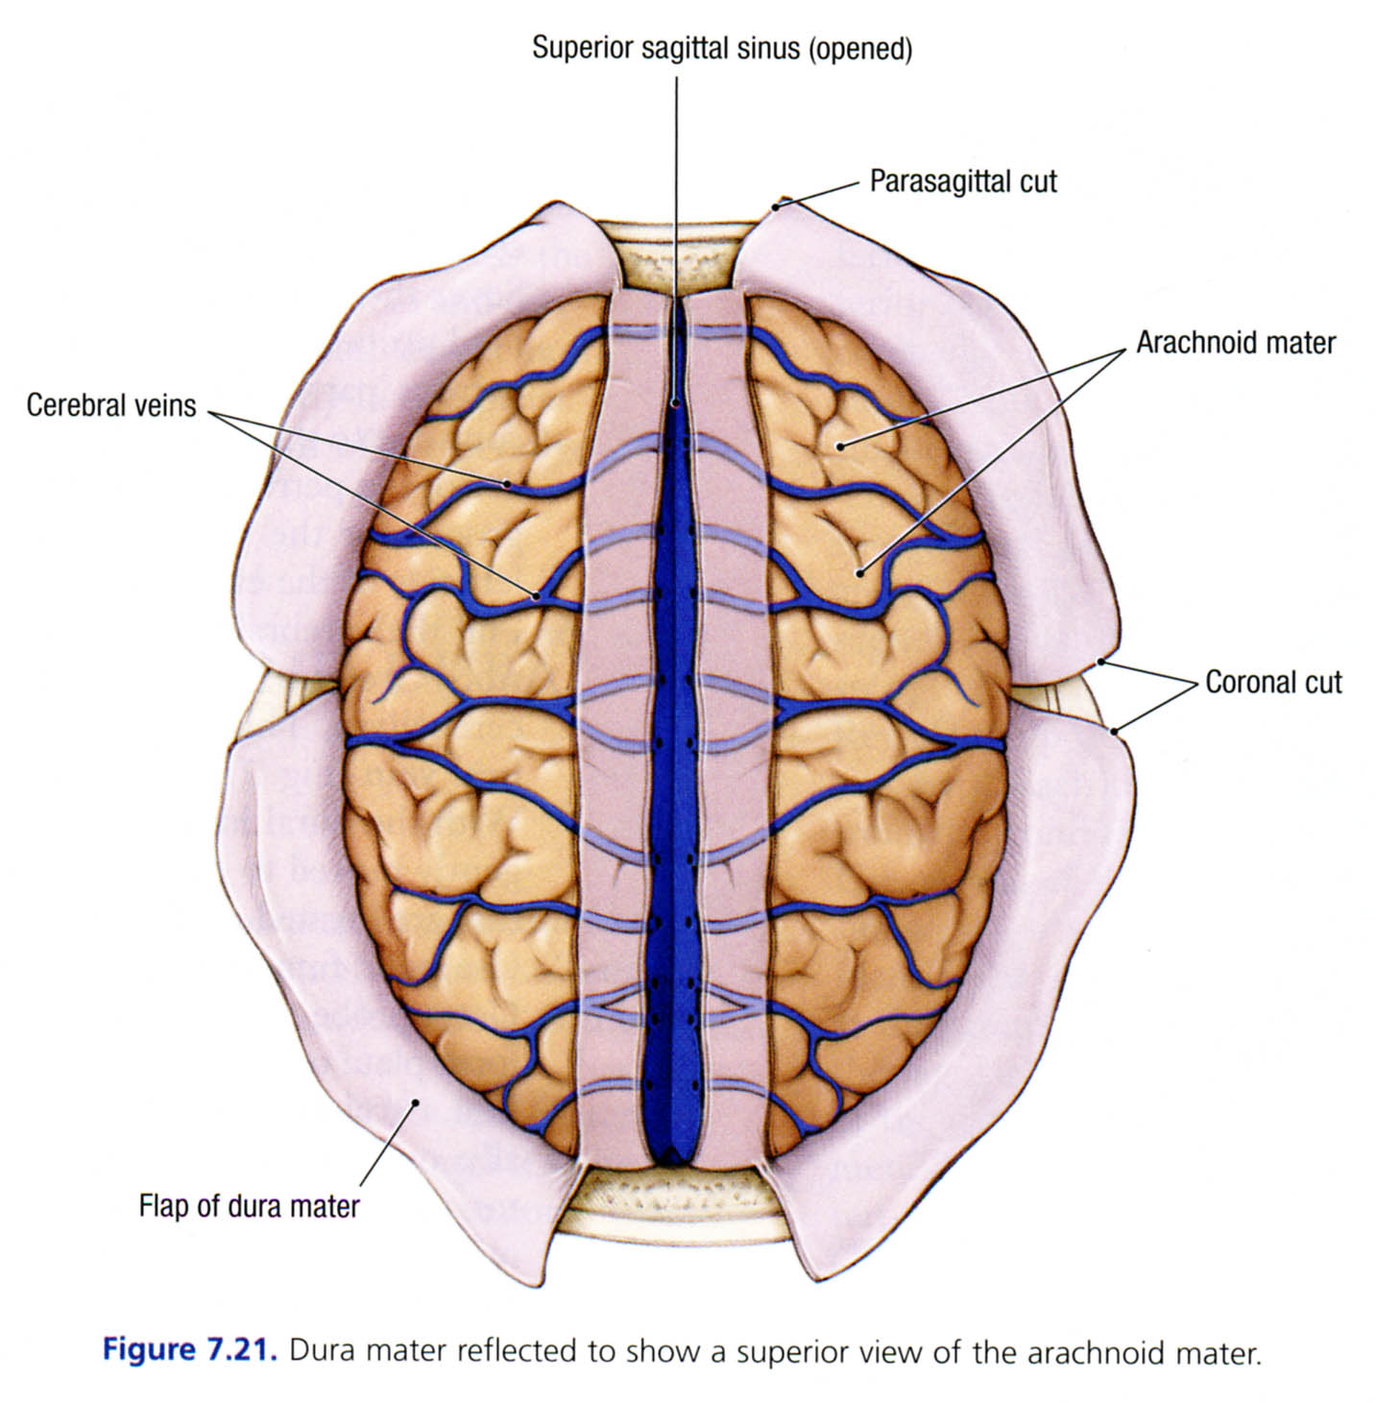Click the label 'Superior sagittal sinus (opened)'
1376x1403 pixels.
tap(721, 49)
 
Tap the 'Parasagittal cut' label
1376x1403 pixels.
tap(963, 181)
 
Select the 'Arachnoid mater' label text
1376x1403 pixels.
tap(1236, 343)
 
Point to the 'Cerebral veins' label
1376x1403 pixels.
tap(111, 405)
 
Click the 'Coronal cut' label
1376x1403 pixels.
tap(1273, 683)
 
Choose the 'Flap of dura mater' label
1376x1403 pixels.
tap(249, 1205)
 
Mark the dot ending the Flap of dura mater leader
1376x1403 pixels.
tap(416, 1102)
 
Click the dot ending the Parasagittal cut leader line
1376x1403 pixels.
tap(778, 204)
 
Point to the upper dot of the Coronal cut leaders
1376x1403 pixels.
tap(1101, 663)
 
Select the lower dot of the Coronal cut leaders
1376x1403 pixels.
tap(1114, 733)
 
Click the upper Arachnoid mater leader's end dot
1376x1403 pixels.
tap(838, 445)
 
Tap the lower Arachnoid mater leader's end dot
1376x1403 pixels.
tap(860, 574)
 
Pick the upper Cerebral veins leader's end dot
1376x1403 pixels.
tap(506, 482)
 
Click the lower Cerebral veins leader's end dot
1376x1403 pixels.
tap(536, 595)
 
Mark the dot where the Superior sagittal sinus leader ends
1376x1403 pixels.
tap(677, 404)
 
